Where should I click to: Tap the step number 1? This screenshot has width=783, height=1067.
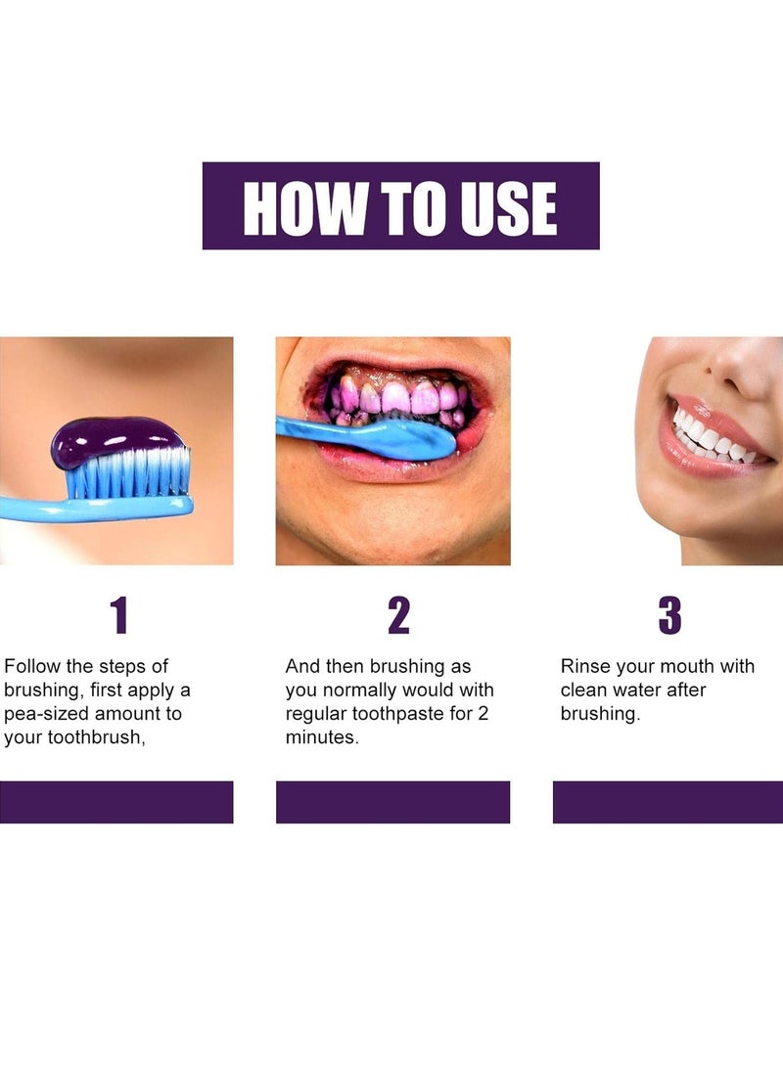(x=118, y=616)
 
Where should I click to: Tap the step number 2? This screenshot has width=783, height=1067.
(x=397, y=616)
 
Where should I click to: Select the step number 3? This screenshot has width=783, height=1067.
(x=669, y=616)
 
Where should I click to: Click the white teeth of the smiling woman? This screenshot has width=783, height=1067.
(x=710, y=439)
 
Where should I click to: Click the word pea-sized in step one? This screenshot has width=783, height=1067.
(x=48, y=714)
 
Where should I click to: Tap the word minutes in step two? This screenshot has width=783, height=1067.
(x=321, y=737)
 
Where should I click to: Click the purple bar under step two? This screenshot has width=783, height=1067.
(x=392, y=802)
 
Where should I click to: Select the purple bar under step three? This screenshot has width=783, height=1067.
(x=668, y=802)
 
